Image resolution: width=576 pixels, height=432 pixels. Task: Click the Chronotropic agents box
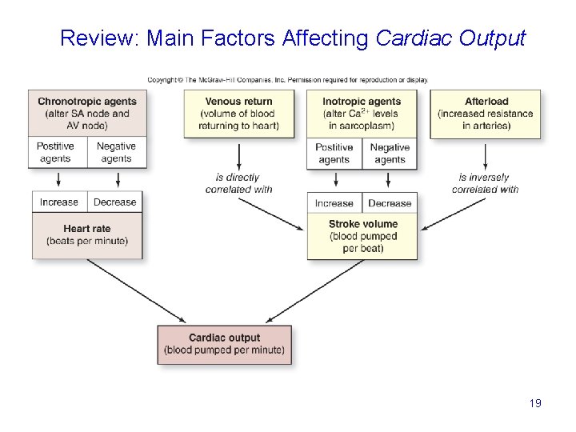pos(87,113)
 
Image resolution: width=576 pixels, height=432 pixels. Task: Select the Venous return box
pos(238,114)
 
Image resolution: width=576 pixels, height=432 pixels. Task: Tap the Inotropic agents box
pos(362,114)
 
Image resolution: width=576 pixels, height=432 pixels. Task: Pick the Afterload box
pos(486,114)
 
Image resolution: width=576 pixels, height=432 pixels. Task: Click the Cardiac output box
pos(224,344)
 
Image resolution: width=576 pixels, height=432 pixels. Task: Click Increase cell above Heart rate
pos(59,202)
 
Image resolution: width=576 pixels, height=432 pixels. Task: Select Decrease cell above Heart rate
pos(114,202)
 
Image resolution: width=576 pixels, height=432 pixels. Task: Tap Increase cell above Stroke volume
pos(334,203)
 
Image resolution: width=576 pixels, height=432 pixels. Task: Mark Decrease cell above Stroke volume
pos(390,203)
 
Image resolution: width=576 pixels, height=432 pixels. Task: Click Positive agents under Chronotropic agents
pos(55,152)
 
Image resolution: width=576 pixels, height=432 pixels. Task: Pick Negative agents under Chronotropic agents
pos(116,152)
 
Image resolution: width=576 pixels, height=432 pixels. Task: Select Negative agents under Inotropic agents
pos(390,153)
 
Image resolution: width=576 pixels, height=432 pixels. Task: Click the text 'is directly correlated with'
pos(238,183)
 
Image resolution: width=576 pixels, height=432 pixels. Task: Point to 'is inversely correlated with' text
pos(485,183)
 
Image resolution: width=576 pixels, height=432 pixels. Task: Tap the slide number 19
pos(535,403)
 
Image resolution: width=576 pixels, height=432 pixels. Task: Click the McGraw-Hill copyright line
pos(287,80)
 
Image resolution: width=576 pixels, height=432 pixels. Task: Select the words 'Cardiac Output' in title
pos(450,38)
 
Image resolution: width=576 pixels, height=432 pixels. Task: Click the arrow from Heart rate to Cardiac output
pos(136,291)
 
